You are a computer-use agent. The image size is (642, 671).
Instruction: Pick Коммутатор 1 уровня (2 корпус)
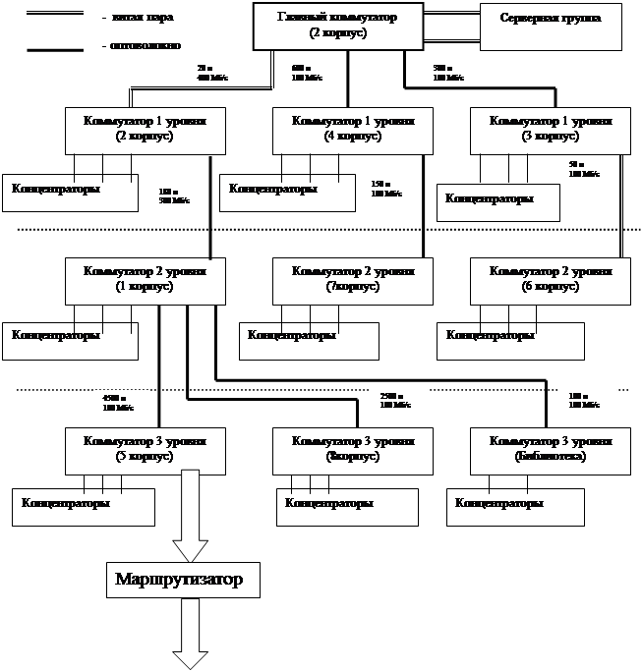pos(144,130)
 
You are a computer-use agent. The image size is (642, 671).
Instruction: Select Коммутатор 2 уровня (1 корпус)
pos(144,279)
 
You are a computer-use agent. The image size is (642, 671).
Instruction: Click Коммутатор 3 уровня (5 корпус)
pos(144,449)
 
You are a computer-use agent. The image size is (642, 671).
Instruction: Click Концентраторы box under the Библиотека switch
pos(516,506)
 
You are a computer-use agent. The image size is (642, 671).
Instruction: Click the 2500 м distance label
pos(397,400)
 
